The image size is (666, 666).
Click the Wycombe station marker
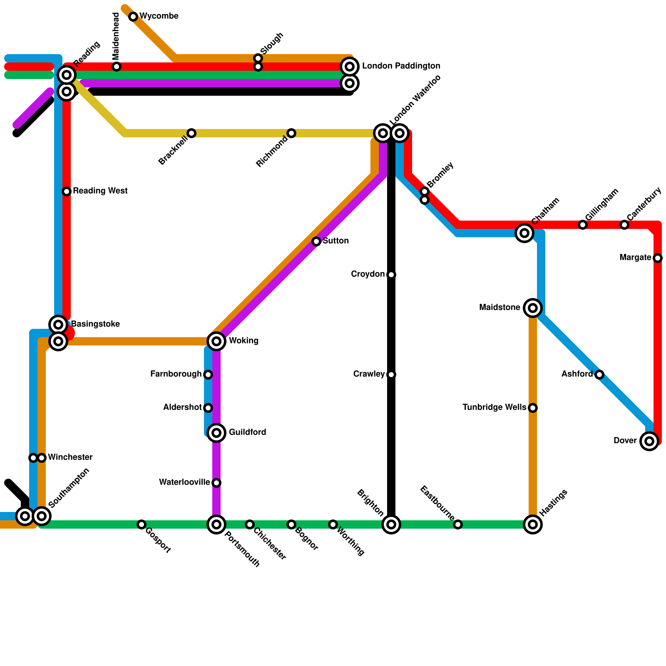tap(133, 17)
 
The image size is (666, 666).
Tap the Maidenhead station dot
tap(117, 67)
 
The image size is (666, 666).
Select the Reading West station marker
tap(67, 191)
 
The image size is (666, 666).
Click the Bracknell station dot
tap(191, 133)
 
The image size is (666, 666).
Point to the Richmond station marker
tap(291, 133)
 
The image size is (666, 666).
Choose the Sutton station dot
tap(316, 241)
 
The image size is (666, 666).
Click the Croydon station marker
tap(391, 275)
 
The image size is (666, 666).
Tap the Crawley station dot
tap(391, 375)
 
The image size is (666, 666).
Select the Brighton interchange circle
tap(391, 524)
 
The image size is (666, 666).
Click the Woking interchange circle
tap(216, 341)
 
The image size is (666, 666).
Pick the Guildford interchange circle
tap(216, 433)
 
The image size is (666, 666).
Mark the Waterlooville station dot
tap(216, 483)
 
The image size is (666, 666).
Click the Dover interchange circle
tap(649, 441)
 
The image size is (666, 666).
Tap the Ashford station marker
tap(599, 375)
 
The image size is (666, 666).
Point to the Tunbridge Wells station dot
tap(533, 408)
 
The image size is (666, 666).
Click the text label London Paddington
tap(401, 66)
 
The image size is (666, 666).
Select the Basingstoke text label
tap(95, 324)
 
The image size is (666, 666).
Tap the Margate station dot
tap(658, 258)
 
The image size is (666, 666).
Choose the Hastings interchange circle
tap(533, 524)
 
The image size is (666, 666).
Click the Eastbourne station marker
tap(458, 524)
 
